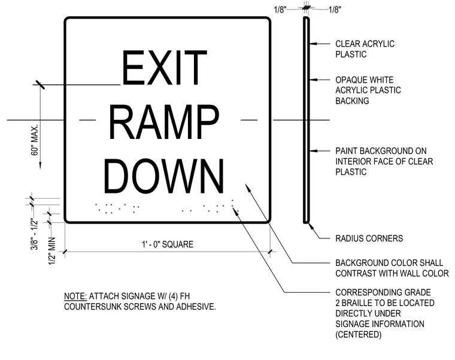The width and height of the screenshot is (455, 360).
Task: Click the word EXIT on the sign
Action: [x=165, y=67]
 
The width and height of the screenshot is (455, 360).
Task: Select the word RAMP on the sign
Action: [x=164, y=122]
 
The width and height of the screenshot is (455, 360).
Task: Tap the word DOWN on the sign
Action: [x=164, y=176]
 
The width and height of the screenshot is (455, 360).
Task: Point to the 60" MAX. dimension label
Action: [x=35, y=140]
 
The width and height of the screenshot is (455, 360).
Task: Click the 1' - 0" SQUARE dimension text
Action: [x=168, y=244]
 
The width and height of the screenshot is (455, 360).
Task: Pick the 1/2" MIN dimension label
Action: [x=51, y=251]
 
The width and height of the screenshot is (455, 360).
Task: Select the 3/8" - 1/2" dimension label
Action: [x=35, y=235]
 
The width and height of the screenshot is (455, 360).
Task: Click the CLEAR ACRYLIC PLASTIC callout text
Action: [x=365, y=49]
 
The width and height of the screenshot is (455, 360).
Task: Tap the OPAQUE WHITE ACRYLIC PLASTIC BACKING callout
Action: [x=368, y=90]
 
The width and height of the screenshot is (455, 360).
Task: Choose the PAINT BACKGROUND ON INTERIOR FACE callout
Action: [x=384, y=161]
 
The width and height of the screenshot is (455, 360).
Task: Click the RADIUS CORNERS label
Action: [x=369, y=238]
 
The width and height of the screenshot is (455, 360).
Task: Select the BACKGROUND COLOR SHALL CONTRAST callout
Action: [x=392, y=268]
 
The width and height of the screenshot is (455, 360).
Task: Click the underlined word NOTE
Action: [x=75, y=296]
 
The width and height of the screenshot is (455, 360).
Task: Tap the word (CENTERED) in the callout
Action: [x=359, y=334]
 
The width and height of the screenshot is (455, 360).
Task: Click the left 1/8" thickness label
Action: [x=280, y=10]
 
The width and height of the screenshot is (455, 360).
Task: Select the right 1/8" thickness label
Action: [x=335, y=10]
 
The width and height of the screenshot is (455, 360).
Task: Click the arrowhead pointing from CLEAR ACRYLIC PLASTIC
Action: [x=313, y=44]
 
